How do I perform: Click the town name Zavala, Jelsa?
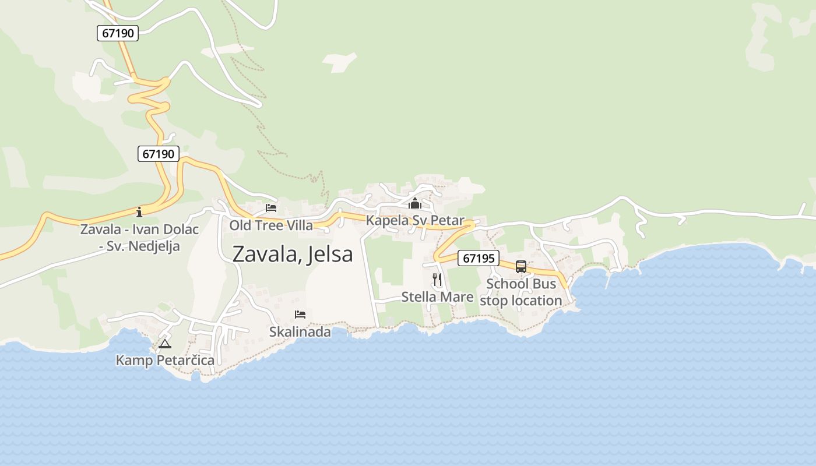pyautogui.click(x=293, y=255)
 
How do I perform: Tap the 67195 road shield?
pyautogui.click(x=478, y=258)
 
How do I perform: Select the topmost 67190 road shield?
pyautogui.click(x=118, y=33)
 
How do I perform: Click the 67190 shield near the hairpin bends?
pyautogui.click(x=159, y=154)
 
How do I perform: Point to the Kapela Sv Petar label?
pyautogui.click(x=415, y=221)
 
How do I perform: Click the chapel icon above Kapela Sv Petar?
pyautogui.click(x=415, y=203)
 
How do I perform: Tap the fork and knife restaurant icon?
pyautogui.click(x=437, y=280)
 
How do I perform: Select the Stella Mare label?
pyautogui.click(x=437, y=297)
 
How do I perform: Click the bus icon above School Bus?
pyautogui.click(x=521, y=267)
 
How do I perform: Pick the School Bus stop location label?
pyautogui.click(x=521, y=292)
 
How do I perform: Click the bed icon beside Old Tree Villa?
pyautogui.click(x=271, y=208)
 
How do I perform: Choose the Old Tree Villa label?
pyautogui.click(x=271, y=225)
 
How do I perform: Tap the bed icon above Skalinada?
pyautogui.click(x=300, y=315)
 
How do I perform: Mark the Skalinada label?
pyautogui.click(x=300, y=332)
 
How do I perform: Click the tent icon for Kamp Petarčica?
pyautogui.click(x=165, y=344)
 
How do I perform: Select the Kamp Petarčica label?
pyautogui.click(x=165, y=361)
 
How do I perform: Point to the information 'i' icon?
pyautogui.click(x=139, y=211)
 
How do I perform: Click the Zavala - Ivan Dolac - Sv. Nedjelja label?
pyautogui.click(x=139, y=238)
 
